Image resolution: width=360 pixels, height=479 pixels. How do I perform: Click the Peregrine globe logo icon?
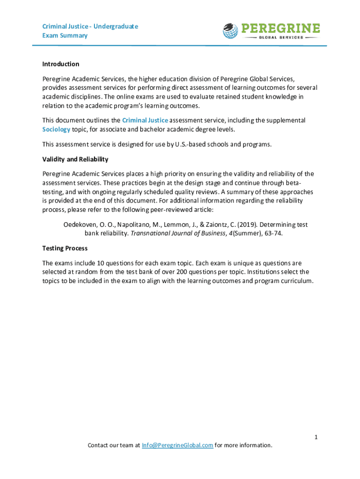230,30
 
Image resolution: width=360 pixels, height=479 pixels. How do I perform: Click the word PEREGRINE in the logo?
281,28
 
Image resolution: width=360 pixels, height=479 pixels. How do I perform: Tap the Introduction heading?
61,64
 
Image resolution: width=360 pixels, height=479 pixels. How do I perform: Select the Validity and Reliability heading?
75,160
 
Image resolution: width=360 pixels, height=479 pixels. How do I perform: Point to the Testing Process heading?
65,248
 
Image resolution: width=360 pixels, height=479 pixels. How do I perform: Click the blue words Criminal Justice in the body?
145,120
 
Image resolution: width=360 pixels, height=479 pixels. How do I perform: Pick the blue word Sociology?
56,129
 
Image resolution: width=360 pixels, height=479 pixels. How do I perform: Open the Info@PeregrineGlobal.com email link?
178,445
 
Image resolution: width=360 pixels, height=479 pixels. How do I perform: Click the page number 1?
316,437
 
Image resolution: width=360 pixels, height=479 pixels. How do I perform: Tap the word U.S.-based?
193,144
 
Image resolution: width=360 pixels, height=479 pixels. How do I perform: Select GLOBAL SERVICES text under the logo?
281,37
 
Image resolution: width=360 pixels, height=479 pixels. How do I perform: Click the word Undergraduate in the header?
115,26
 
